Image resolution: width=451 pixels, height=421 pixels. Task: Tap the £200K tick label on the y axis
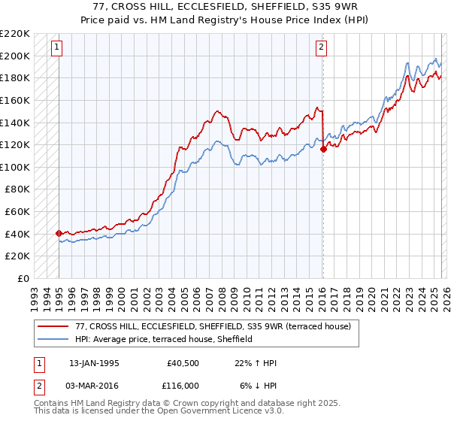pyautogui.click(x=15, y=56)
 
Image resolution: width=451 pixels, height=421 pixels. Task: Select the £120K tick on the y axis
pyautogui.click(x=15, y=144)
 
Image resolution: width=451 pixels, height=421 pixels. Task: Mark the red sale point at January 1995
pyautogui.click(x=59, y=233)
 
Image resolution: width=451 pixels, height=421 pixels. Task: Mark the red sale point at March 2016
pyautogui.click(x=323, y=150)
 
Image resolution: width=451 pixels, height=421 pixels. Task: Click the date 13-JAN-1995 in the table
pyautogui.click(x=94, y=363)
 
